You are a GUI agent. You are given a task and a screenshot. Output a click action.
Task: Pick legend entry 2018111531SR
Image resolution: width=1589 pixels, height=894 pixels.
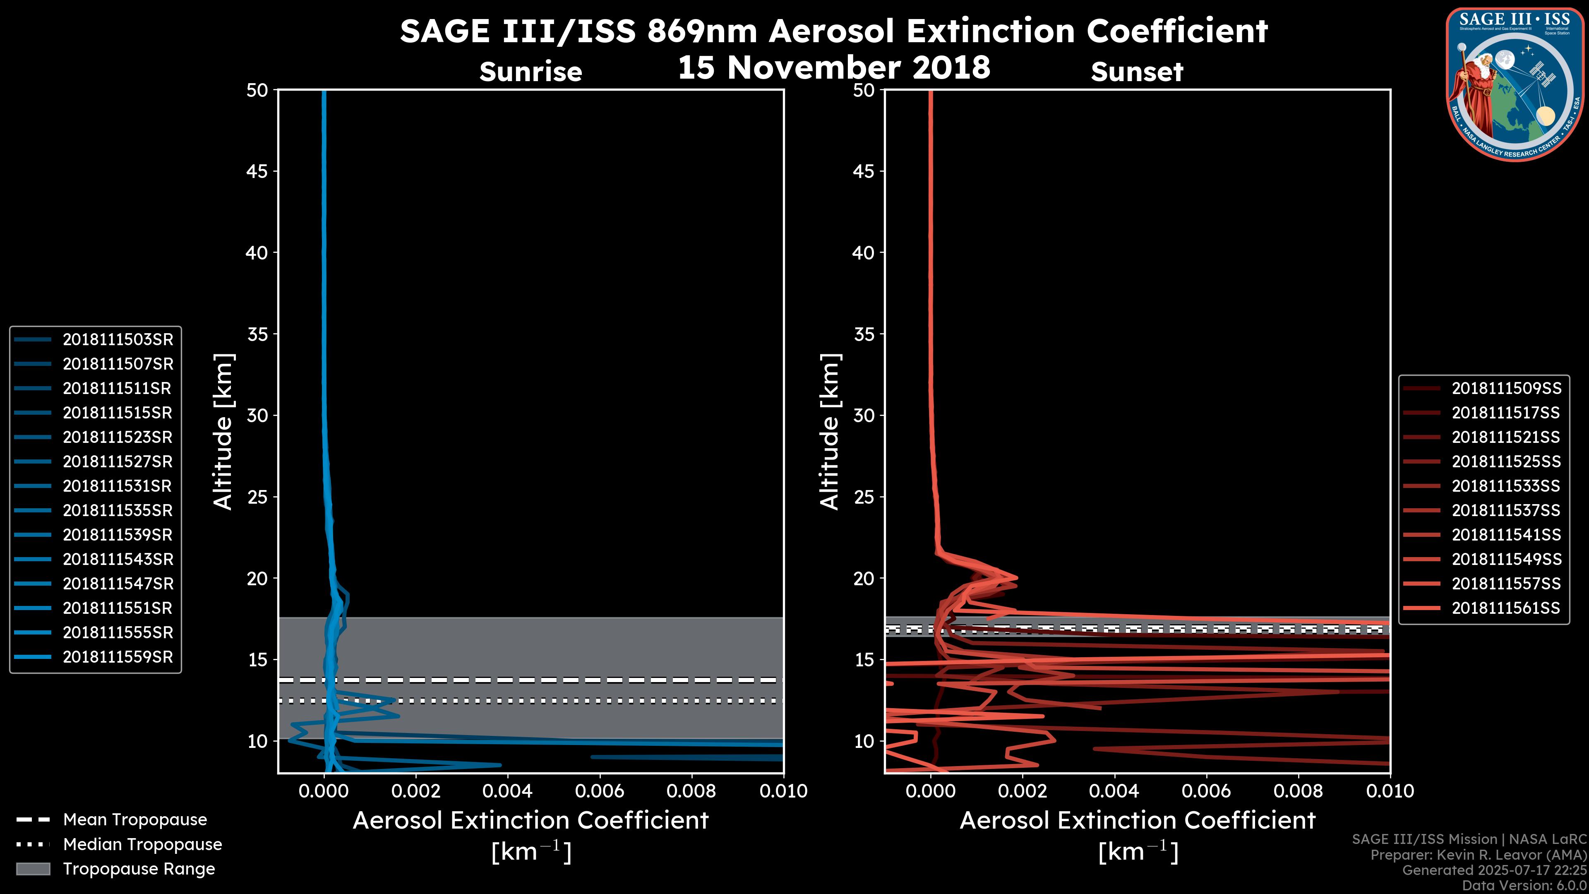pos(117,486)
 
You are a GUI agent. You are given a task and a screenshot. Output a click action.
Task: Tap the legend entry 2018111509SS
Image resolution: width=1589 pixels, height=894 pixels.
pos(1506,388)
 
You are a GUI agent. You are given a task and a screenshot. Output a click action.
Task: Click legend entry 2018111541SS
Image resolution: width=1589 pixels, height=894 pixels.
pos(1506,535)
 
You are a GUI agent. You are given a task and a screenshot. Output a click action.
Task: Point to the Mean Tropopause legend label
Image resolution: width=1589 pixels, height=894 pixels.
pos(135,819)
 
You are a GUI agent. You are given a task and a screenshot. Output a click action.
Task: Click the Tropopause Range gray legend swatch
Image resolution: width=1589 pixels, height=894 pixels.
pos(33,869)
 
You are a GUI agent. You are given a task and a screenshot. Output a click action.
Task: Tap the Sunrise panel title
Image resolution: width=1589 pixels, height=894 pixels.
pos(530,72)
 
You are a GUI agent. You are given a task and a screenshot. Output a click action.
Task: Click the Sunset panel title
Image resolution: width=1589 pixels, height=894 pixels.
pos(1137,72)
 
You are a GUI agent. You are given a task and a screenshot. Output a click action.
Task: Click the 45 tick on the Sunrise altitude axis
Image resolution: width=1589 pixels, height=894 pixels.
pos(258,171)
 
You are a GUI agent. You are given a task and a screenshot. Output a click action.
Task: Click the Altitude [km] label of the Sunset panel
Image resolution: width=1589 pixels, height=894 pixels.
pos(830,431)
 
